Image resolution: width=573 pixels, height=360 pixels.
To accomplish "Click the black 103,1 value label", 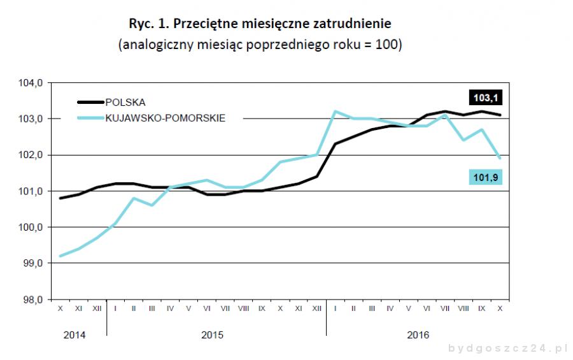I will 485,97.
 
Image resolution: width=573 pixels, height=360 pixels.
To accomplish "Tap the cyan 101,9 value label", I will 485,178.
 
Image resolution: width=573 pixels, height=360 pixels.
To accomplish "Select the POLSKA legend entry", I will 125,102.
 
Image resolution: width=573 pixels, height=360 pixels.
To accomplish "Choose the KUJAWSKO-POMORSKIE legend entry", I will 166,117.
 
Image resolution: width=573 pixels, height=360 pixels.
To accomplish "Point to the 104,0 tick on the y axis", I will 31,83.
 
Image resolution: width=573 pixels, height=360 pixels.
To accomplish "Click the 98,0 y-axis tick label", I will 31,299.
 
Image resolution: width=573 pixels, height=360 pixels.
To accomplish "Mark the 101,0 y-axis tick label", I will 31,191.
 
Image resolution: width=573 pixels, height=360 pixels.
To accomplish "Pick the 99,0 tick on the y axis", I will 31,263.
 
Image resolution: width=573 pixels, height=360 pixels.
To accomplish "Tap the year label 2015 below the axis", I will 212,335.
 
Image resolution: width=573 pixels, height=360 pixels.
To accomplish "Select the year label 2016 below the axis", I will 418,335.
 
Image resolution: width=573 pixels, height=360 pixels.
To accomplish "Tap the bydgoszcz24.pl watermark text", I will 508,349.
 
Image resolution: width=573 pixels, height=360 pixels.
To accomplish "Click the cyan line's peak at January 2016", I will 335,112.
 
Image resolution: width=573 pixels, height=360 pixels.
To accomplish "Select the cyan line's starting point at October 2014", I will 60,256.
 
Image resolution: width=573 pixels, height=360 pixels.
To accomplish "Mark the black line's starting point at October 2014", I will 60,198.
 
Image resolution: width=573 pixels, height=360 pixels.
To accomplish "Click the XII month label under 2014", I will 97,308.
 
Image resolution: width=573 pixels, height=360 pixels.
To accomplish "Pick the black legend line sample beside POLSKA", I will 90,102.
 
